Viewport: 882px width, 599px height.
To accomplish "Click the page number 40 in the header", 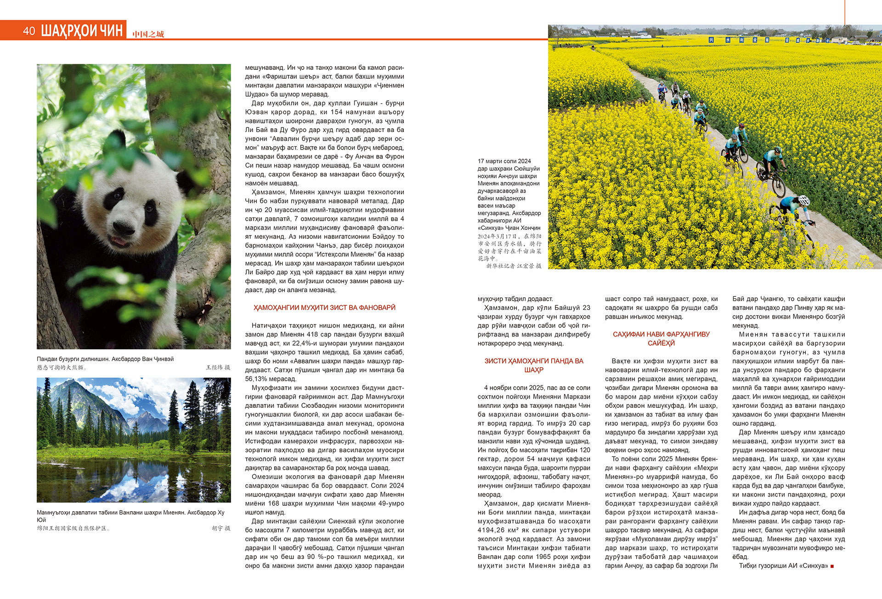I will [x=28, y=31].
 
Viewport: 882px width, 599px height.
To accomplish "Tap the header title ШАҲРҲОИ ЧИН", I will [x=82, y=31].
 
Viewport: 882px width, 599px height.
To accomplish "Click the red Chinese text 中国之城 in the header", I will [x=148, y=34].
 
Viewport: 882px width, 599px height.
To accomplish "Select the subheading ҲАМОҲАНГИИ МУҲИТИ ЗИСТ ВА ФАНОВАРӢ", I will [x=324, y=308].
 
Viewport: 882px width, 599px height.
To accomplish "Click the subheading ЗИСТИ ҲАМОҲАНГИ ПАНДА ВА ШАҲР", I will [x=534, y=365].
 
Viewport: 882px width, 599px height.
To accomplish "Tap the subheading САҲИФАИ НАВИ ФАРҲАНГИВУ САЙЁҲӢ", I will [x=661, y=339].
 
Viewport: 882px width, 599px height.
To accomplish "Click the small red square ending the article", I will [x=832, y=566].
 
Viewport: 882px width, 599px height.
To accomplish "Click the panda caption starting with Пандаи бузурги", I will [x=105, y=359].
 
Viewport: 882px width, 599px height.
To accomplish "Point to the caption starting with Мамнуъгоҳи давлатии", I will [x=130, y=513].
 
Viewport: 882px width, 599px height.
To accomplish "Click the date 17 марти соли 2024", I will [x=504, y=161].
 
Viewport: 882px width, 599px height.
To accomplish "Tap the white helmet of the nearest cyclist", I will [x=803, y=200].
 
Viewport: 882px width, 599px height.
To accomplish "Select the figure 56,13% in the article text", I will [x=257, y=379].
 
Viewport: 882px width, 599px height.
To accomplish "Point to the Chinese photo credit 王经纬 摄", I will [x=218, y=368].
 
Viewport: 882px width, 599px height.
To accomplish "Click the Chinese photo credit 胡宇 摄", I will [x=221, y=529].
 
